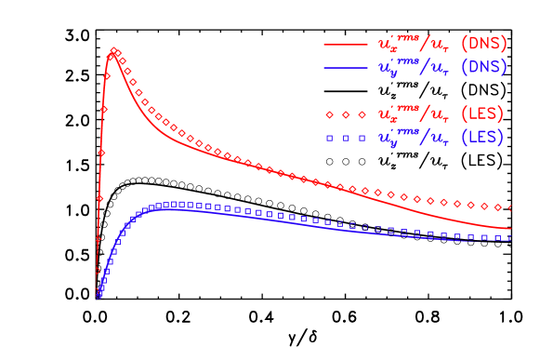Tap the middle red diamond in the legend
coord(345,114)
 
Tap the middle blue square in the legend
coord(345,137)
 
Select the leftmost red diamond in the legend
coord(329,114)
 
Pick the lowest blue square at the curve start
coord(99,296)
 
